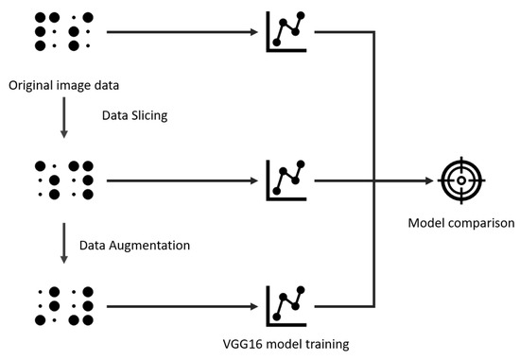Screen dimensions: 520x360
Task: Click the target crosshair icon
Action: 461,180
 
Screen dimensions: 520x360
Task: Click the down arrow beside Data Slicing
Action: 64,117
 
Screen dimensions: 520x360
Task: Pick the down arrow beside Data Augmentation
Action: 64,244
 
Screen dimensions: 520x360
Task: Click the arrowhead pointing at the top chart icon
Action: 254,32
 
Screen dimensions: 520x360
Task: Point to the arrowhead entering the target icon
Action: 429,180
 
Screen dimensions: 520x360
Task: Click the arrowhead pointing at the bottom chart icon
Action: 254,307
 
